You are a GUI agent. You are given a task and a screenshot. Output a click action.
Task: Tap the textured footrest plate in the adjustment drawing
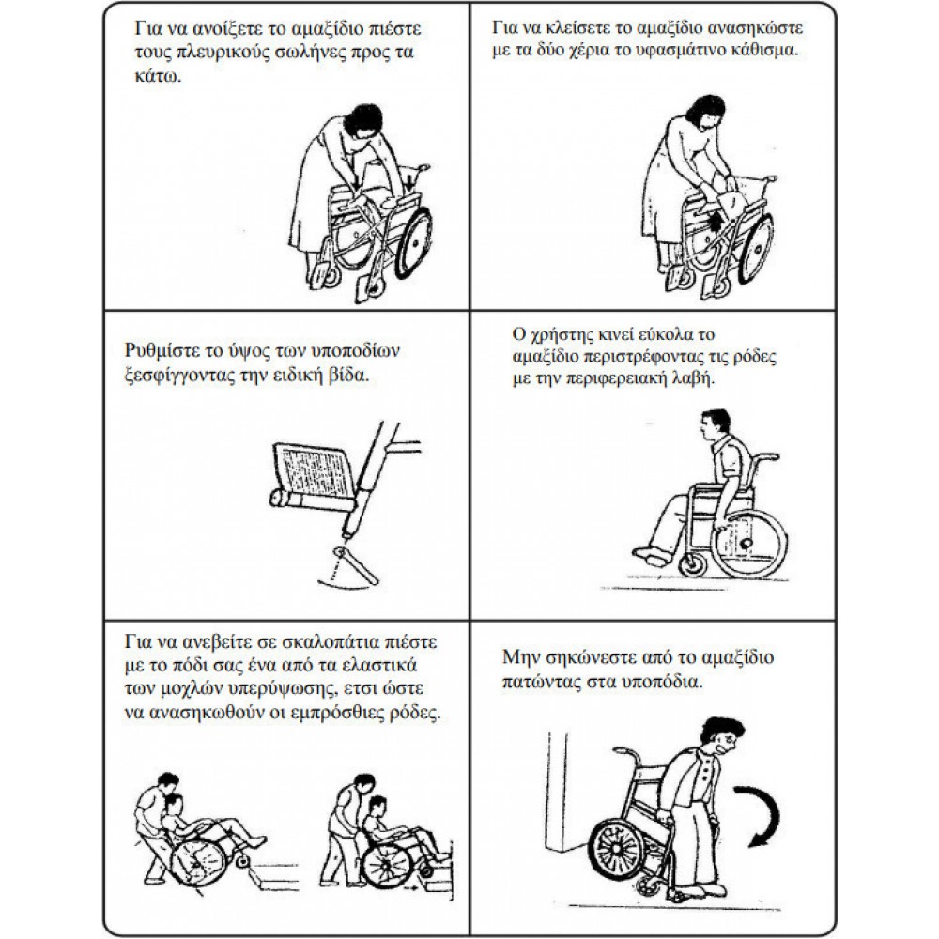(313, 469)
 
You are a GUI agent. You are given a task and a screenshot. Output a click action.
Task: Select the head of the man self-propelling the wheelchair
(715, 424)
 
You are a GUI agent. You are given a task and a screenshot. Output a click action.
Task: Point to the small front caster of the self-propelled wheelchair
(694, 564)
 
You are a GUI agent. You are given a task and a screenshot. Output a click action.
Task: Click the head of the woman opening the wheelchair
(363, 123)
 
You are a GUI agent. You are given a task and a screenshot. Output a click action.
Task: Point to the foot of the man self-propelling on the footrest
(652, 555)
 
